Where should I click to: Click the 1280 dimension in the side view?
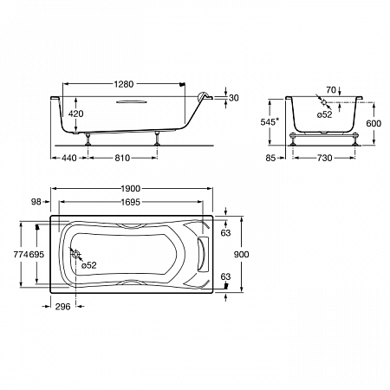pyautogui.click(x=124, y=84)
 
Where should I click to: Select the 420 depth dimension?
pyautogui.click(x=75, y=114)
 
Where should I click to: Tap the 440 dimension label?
pyautogui.click(x=69, y=158)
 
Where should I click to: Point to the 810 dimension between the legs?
pyautogui.click(x=122, y=158)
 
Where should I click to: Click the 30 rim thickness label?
pyautogui.click(x=234, y=98)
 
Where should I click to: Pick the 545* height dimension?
pyautogui.click(x=270, y=122)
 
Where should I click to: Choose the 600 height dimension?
pyautogui.click(x=374, y=123)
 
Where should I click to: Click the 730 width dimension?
pyautogui.click(x=325, y=158)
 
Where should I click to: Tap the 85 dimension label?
pyautogui.click(x=270, y=158)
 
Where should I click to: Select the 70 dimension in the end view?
pyautogui.click(x=331, y=90)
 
